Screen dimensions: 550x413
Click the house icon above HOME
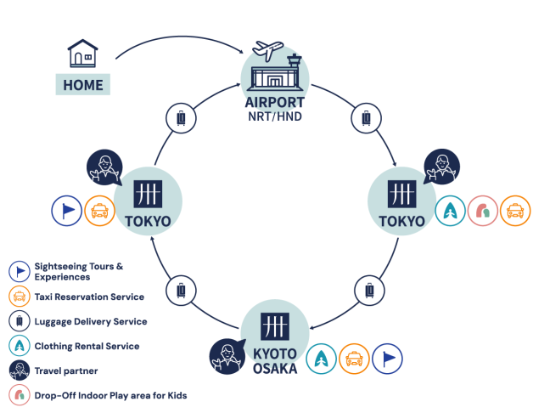pos(83,54)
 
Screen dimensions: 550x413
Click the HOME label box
pos(83,85)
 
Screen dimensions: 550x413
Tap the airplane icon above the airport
pos(267,50)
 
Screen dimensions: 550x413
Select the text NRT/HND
pos(275,116)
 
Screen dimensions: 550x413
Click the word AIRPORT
pos(275,103)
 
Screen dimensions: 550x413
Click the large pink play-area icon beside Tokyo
pos(483,211)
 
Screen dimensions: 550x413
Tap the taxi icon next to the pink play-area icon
pos(515,211)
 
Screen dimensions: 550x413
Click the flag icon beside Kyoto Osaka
pos(387,359)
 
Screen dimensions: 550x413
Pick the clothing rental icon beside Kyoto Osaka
pos(322,359)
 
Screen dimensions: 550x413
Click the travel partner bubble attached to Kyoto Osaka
pos(227,356)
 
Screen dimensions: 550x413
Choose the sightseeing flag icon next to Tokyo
pos(67,211)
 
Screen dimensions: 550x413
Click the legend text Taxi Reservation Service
pos(89,297)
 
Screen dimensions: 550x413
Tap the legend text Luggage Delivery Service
pos(91,322)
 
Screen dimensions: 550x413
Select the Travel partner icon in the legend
pos(20,371)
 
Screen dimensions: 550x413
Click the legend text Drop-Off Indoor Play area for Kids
pos(110,395)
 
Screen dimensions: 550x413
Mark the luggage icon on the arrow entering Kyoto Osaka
pos(369,291)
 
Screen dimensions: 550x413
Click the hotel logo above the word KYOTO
pos(275,326)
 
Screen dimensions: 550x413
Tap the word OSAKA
pos(275,369)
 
